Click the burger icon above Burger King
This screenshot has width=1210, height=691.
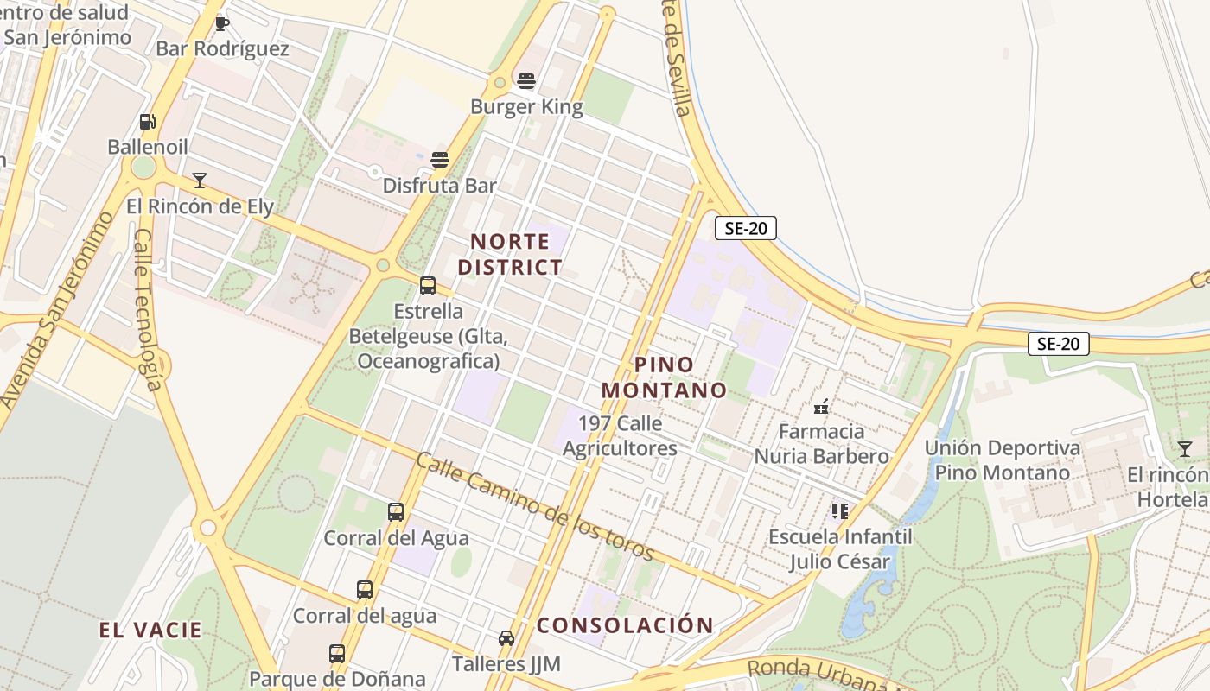tap(526, 81)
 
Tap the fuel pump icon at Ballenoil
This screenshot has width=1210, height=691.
tap(148, 122)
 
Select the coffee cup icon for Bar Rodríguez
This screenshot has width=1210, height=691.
tap(222, 23)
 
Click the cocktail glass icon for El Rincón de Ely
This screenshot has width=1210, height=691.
tap(200, 180)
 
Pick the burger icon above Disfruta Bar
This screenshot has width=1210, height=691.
tap(440, 160)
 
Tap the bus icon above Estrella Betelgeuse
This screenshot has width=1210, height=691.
tap(428, 285)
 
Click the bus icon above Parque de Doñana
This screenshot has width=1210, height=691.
tap(337, 654)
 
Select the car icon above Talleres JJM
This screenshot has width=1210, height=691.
tap(506, 638)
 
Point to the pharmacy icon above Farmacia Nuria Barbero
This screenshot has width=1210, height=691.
tap(821, 406)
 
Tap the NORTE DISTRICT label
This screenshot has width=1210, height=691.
tap(510, 254)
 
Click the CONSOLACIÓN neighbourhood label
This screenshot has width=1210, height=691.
tap(626, 625)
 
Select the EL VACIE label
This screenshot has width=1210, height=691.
tap(150, 631)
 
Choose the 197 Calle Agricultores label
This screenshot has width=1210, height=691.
tap(620, 436)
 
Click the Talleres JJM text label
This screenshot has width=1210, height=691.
tap(506, 664)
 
